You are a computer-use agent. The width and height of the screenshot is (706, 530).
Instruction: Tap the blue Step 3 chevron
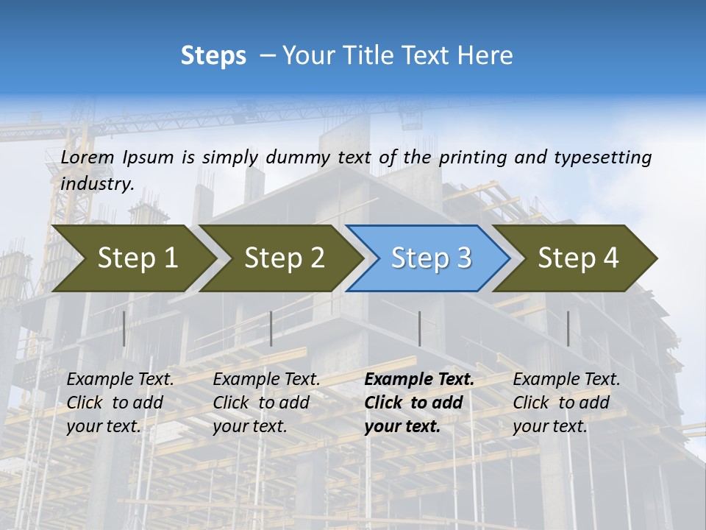[431, 258]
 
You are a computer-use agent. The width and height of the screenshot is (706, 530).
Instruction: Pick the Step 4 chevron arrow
[578, 258]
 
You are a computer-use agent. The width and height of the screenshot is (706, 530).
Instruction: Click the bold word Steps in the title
[213, 56]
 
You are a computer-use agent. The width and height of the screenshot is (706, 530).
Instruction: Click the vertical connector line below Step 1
[124, 328]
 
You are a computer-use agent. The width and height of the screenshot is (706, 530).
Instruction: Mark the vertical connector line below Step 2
[271, 328]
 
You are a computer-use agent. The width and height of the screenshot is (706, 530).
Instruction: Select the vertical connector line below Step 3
[419, 328]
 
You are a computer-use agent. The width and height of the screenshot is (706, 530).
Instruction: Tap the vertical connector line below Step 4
[568, 328]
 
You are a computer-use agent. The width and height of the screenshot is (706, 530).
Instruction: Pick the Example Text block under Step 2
[266, 403]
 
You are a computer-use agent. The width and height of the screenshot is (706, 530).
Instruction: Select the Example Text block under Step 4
[566, 403]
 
